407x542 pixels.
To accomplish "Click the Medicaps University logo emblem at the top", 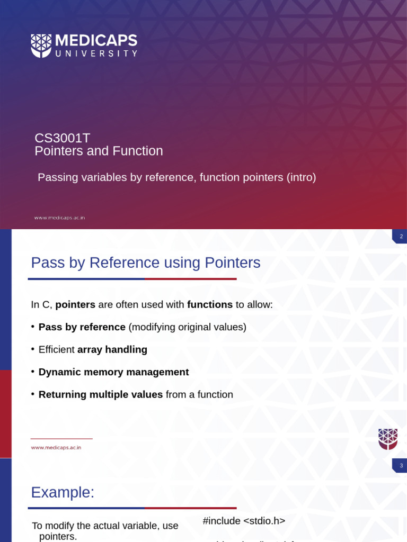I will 41,46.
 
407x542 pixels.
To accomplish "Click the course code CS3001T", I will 62,138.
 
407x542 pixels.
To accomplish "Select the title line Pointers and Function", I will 99,151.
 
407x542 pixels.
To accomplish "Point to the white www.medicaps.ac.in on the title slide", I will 59,218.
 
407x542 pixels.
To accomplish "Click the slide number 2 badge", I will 401,236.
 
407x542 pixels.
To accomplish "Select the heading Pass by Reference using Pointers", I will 145,263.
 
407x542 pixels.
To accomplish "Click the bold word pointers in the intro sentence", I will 75,305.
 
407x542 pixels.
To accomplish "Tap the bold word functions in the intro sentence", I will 210,305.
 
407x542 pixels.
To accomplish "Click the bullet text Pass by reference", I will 82,327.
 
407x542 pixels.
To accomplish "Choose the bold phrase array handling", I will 112,350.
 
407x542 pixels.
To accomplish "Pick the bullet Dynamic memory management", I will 113,372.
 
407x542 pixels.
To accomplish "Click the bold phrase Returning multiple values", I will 100,395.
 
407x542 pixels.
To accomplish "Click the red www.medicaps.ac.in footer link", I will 56,448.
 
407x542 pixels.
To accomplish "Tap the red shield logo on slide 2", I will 387,439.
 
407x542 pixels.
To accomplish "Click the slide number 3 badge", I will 401,465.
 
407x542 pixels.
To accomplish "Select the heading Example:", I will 63,492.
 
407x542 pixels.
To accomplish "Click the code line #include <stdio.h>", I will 244,521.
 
